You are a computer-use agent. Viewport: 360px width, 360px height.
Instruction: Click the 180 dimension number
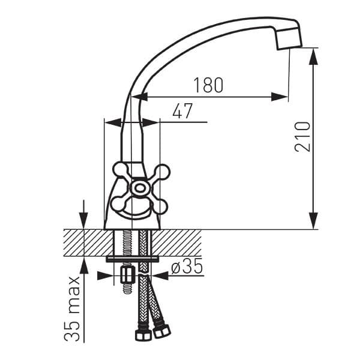(208, 85)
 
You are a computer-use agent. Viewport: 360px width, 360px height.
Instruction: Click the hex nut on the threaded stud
(127, 275)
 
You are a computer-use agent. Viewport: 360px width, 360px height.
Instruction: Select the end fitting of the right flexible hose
(162, 331)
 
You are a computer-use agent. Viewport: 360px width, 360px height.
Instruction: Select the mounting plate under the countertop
(133, 259)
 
